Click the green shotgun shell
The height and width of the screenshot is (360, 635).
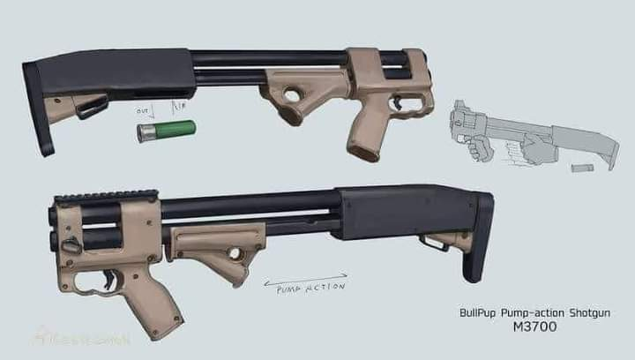167,131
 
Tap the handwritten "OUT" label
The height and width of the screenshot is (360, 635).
142,112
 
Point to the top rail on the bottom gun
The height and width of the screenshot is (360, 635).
106,195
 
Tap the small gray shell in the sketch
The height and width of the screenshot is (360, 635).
580,168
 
